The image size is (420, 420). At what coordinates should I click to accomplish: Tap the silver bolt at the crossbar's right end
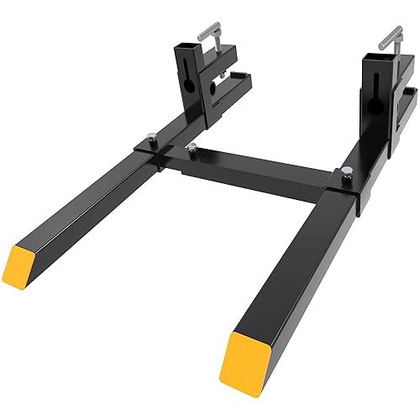pyautogui.click(x=347, y=175)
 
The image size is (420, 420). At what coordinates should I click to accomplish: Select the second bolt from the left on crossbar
pyautogui.click(x=194, y=150)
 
